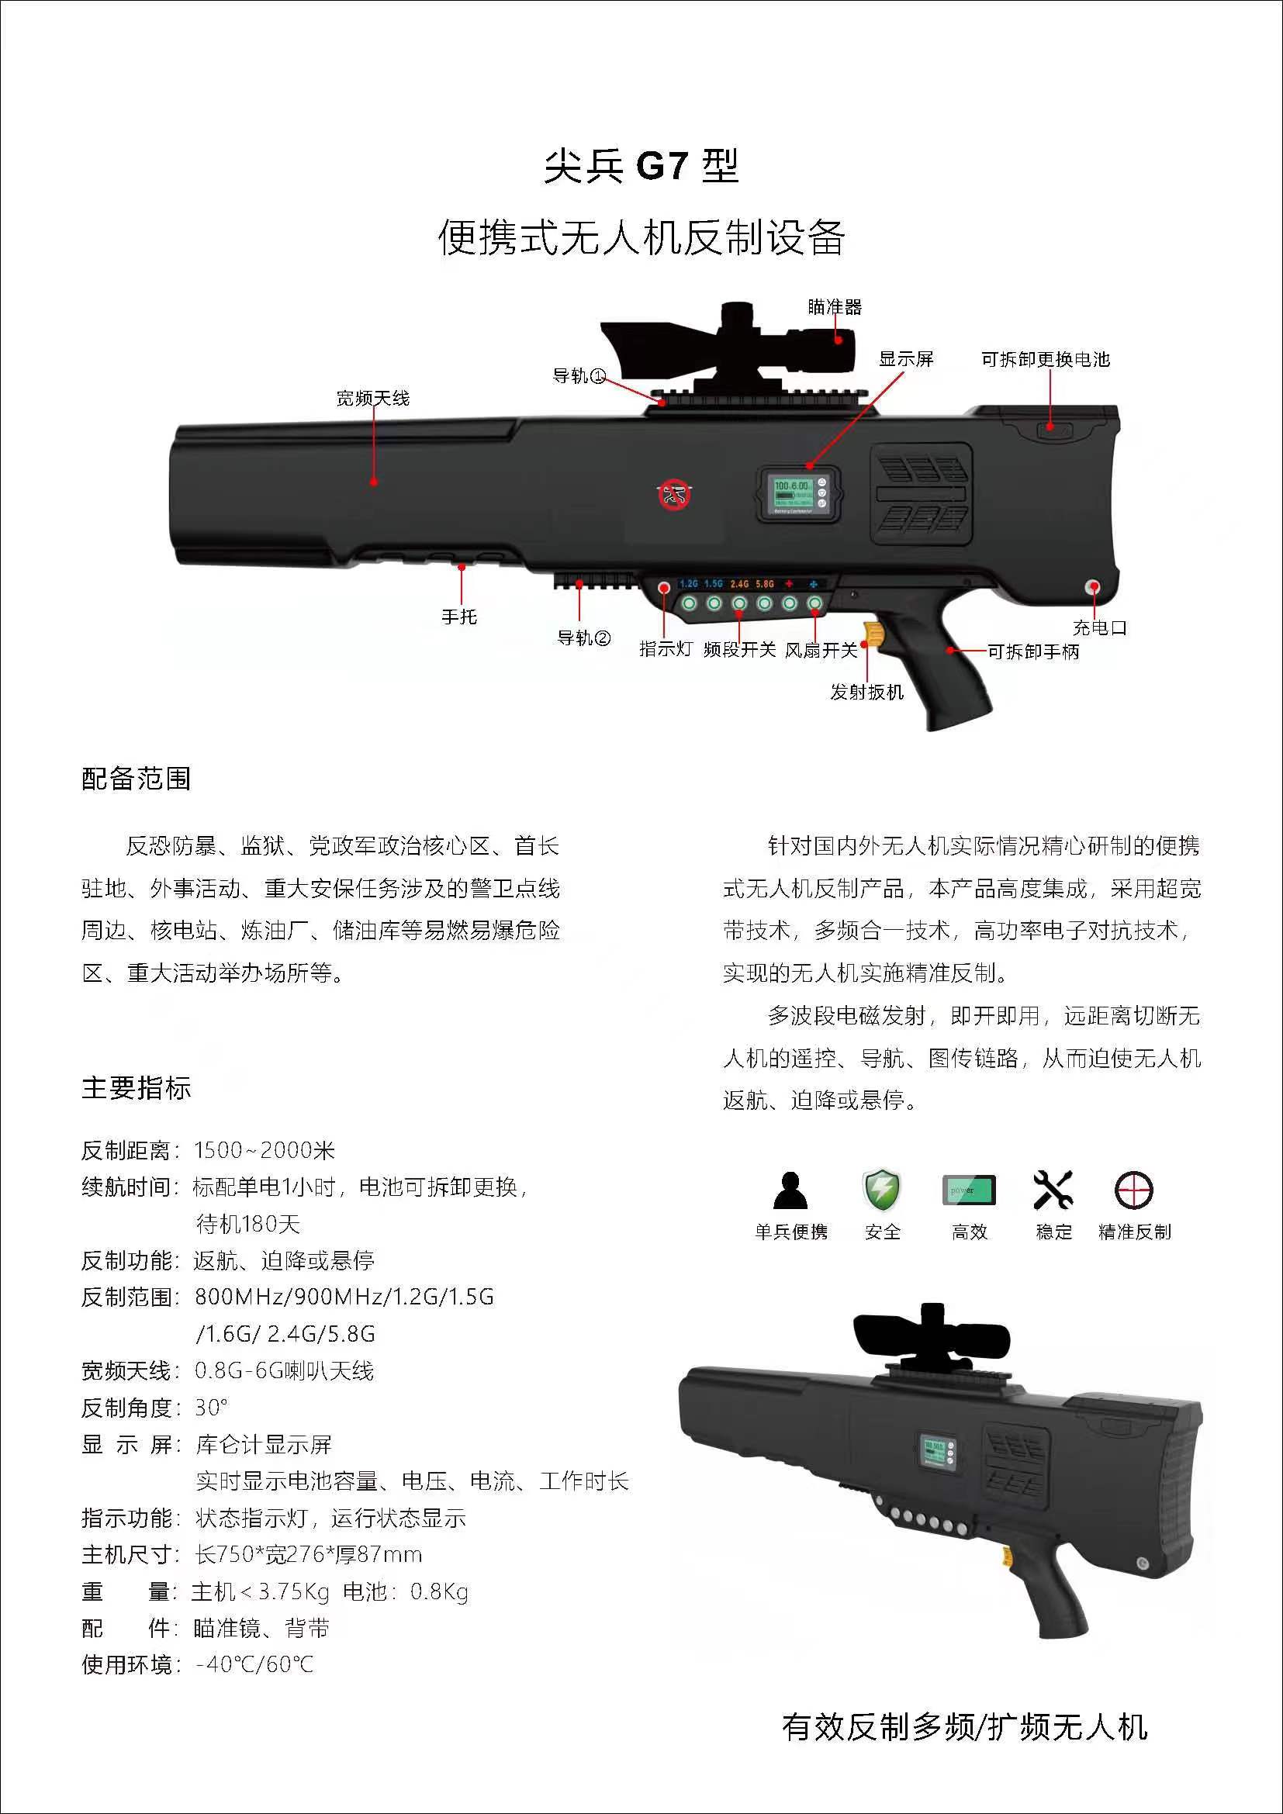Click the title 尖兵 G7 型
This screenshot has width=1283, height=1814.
(x=641, y=166)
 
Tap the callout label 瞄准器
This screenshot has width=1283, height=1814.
(x=835, y=306)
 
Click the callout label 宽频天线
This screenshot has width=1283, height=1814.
(x=373, y=398)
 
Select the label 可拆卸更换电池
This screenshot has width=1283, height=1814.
(x=1045, y=360)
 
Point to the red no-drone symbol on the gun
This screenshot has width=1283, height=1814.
(x=675, y=495)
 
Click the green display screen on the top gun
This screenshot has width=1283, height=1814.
(x=793, y=494)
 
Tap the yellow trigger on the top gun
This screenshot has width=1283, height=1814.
(x=873, y=633)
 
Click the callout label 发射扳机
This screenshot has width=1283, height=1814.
(x=866, y=692)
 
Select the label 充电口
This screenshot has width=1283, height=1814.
(x=1099, y=628)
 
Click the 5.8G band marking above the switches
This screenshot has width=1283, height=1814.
(x=765, y=584)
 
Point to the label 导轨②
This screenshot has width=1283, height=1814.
(x=584, y=637)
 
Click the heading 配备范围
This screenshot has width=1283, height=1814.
(x=136, y=779)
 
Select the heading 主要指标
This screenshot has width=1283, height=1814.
(x=136, y=1088)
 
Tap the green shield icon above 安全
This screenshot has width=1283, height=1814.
(x=881, y=1189)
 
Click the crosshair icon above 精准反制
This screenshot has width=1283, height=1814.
(x=1134, y=1190)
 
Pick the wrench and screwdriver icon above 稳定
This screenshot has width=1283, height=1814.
(x=1053, y=1189)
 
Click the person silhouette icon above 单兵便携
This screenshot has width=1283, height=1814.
(x=790, y=1190)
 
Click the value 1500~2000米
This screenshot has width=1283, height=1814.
(x=265, y=1150)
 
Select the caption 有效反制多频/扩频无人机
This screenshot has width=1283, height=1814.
(x=965, y=1727)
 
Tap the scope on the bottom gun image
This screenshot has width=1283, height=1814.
(x=932, y=1338)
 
